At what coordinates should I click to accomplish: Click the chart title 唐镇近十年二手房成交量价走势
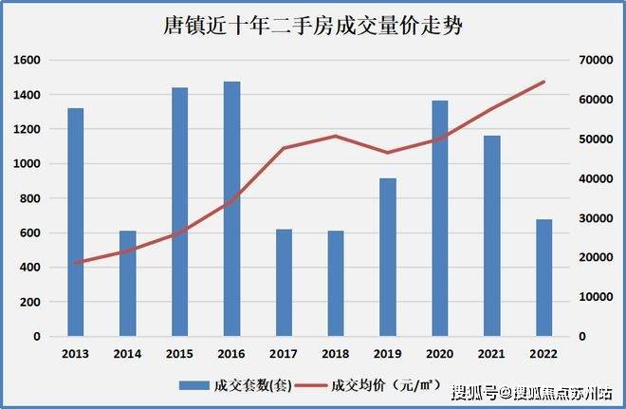coord(313,27)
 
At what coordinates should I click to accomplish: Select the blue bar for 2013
coord(76,222)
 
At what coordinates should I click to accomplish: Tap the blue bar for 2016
coord(232,209)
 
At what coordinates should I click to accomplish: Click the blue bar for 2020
coord(440,218)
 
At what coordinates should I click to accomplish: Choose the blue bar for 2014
coord(128,284)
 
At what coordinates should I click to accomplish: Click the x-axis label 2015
coord(179,353)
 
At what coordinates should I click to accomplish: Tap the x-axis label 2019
coord(387,353)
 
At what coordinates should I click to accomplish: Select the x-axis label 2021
coord(491,353)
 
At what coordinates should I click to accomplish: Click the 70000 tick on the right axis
coord(595,60)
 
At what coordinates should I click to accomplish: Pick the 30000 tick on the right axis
coord(595,218)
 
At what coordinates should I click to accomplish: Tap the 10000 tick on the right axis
coord(595,297)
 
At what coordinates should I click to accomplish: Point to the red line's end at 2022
coord(543,82)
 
